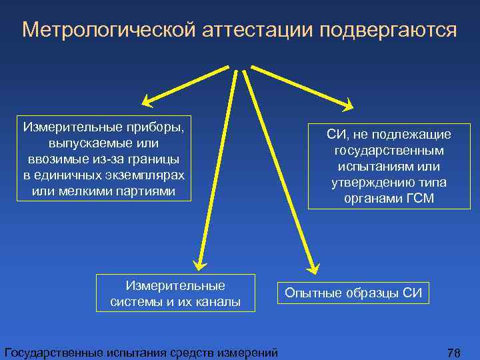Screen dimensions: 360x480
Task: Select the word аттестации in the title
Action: pos(246,29)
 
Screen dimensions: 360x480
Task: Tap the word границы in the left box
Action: pos(153,159)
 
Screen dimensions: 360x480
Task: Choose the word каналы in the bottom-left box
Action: pos(216,301)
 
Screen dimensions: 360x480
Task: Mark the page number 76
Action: pos(454,352)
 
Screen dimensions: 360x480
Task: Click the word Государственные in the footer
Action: pos(52,352)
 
